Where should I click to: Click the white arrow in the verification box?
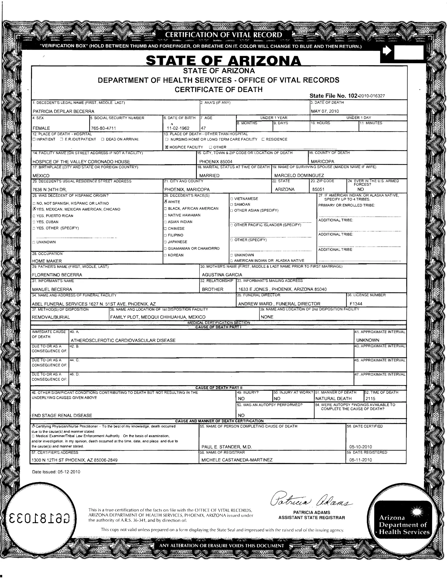tap(387, 51)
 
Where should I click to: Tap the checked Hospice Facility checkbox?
tap(167, 147)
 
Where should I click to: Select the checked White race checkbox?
tap(166, 201)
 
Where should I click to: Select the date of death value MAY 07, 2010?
tap(325, 111)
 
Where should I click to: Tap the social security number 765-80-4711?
tap(103, 128)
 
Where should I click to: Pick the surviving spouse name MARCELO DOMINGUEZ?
tap(299, 175)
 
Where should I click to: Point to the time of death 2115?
tap(370, 398)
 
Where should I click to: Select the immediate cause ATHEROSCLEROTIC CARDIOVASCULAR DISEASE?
tap(123, 340)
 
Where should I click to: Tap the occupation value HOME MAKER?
tap(47, 261)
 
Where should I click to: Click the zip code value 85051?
tap(318, 190)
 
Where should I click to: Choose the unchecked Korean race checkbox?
tap(165, 255)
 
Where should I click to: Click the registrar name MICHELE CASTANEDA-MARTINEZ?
tap(237, 460)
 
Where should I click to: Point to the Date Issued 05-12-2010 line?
tap(56, 472)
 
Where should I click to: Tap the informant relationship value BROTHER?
tap(213, 289)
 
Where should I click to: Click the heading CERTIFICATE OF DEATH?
tap(218, 89)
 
